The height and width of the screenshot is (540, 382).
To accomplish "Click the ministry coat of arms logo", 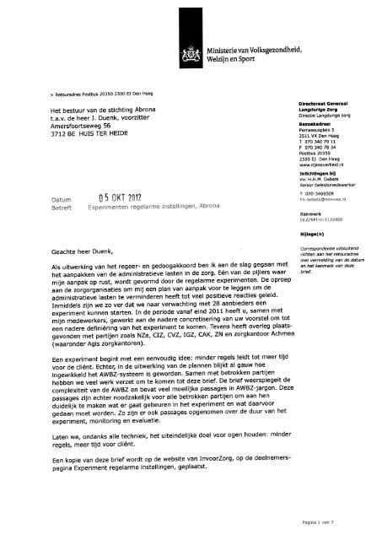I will [186, 58].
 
